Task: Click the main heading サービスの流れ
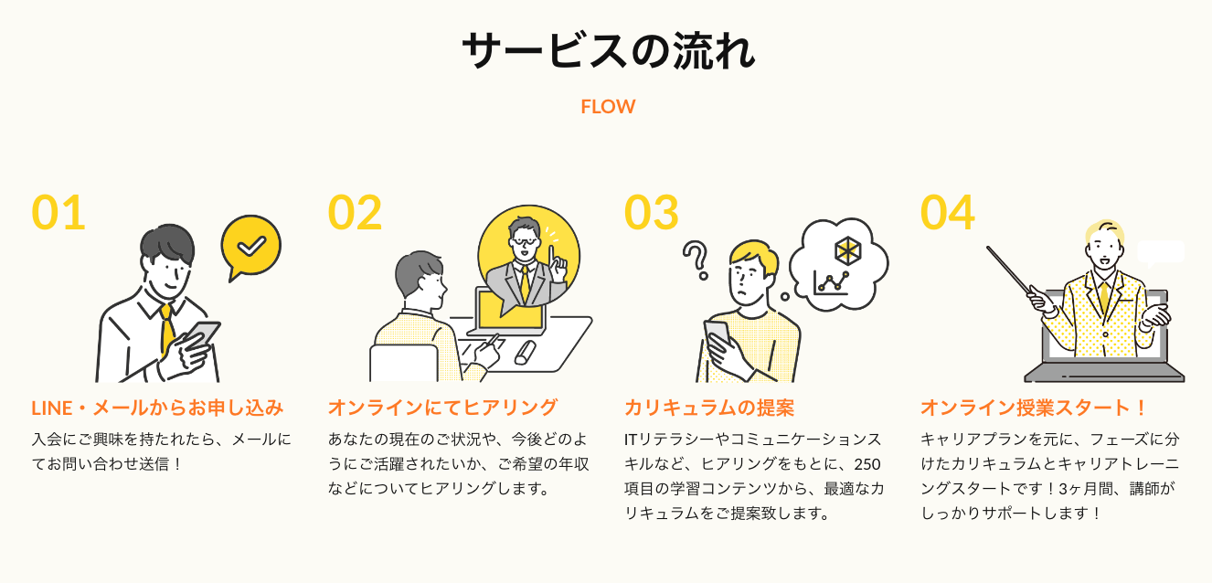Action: (608, 52)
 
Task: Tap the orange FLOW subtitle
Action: (608, 106)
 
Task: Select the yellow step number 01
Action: (58, 213)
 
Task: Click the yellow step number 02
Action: (355, 213)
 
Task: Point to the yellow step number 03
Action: (651, 213)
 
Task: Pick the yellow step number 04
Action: (947, 213)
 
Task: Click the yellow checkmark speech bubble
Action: (250, 245)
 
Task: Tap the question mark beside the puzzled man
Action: (697, 260)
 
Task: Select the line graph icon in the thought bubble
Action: (832, 282)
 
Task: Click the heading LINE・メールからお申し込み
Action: (157, 408)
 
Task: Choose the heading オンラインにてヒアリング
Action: (442, 408)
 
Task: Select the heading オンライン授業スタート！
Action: (1034, 408)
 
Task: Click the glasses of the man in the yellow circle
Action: (525, 241)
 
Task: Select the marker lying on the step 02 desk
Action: (525, 353)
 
